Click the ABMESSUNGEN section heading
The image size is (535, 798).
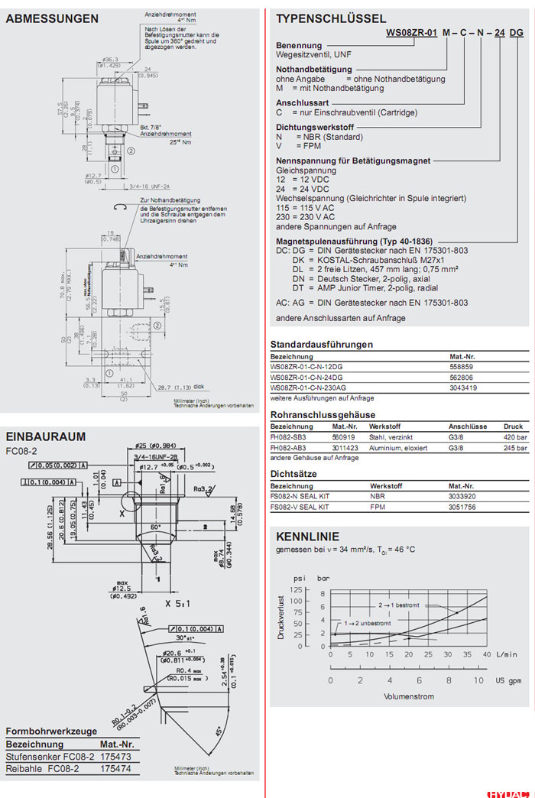click(52, 18)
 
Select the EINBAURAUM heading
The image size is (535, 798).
click(45, 436)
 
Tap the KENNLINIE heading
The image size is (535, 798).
click(307, 537)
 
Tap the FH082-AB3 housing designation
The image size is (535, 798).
click(288, 447)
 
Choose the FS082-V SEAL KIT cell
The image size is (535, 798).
click(300, 507)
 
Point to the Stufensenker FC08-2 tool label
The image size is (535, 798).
click(50, 756)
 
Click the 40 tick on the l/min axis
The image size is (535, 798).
click(487, 655)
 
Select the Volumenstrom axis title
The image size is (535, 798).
click(409, 696)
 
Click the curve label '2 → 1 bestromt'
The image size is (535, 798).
click(399, 605)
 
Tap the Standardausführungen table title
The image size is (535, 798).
click(322, 344)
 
